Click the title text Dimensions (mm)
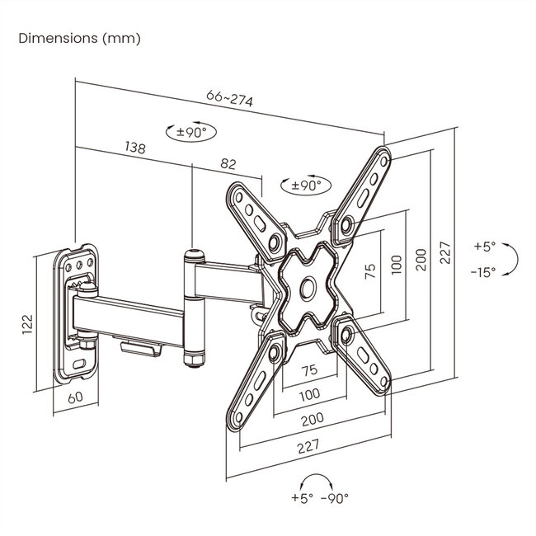point(79,39)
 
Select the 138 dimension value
point(135,148)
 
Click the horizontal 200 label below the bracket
point(311,419)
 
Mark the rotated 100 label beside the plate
point(397,264)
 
